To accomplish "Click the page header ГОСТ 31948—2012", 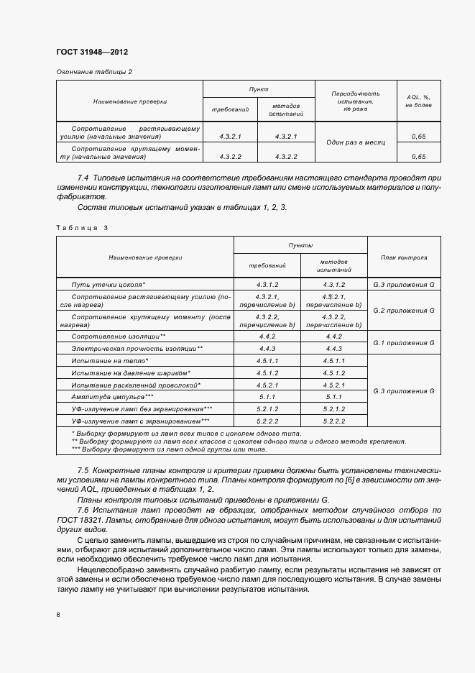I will tap(92, 52).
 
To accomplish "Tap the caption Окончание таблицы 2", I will tap(94, 71).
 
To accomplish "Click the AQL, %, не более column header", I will tap(418, 101).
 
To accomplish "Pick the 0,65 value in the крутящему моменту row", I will tap(418, 156).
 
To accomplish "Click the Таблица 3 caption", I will tap(81, 227).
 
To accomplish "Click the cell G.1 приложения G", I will tap(403, 342).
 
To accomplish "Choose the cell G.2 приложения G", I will tap(403, 310).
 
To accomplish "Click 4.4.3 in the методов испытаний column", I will tap(333, 348).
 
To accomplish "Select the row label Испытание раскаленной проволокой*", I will tap(136, 385).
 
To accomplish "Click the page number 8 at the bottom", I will tap(58, 614).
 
